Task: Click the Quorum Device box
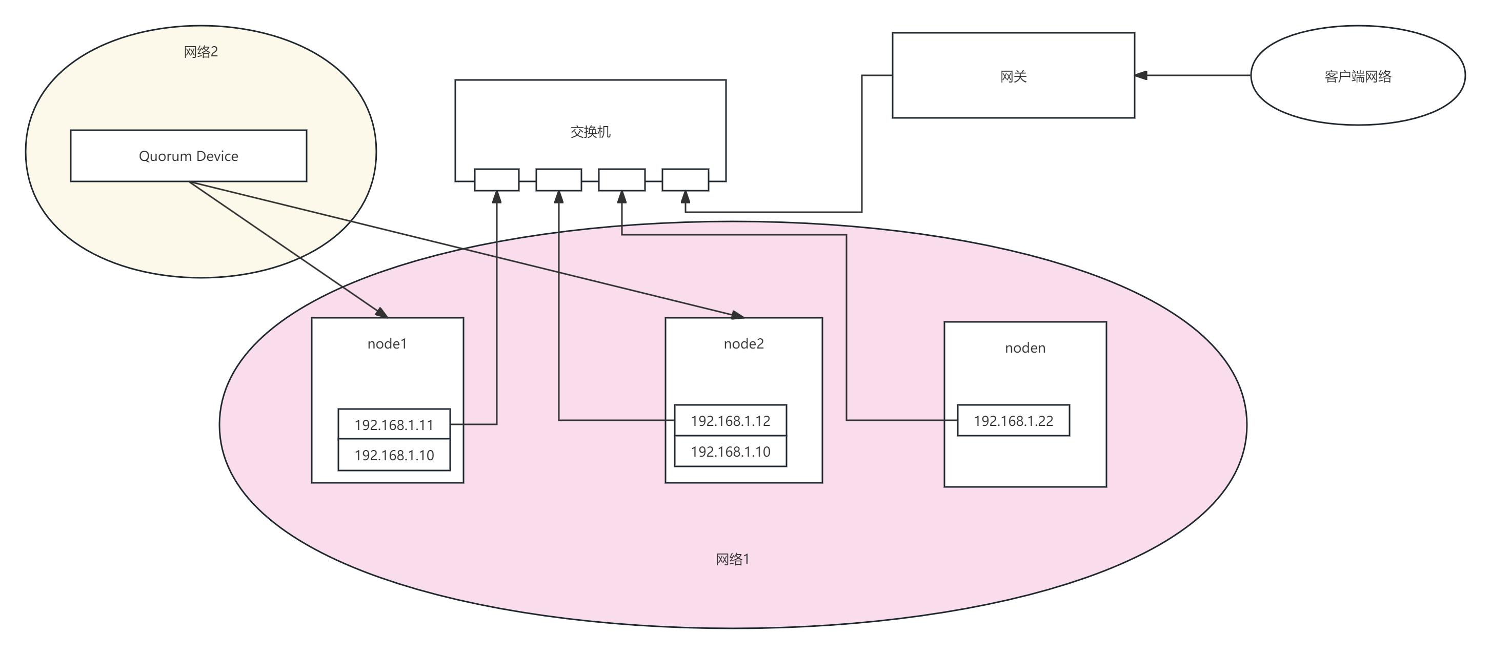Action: (x=188, y=156)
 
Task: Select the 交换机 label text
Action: (x=590, y=132)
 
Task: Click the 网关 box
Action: (x=1013, y=76)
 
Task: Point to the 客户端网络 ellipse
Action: (x=1357, y=76)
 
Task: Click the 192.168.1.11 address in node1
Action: (x=394, y=425)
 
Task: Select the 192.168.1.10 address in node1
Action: (x=394, y=456)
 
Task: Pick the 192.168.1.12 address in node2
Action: (x=730, y=421)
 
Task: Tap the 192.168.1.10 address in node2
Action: (x=730, y=452)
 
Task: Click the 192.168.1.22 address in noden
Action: (x=1013, y=421)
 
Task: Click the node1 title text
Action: (x=387, y=344)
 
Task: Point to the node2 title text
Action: (x=744, y=344)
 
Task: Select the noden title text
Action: (x=1025, y=348)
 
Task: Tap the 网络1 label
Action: (x=733, y=559)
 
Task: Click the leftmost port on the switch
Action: (x=497, y=179)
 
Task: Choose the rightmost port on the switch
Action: (x=686, y=179)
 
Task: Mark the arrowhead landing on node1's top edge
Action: (x=382, y=313)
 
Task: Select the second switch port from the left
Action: (x=558, y=179)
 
